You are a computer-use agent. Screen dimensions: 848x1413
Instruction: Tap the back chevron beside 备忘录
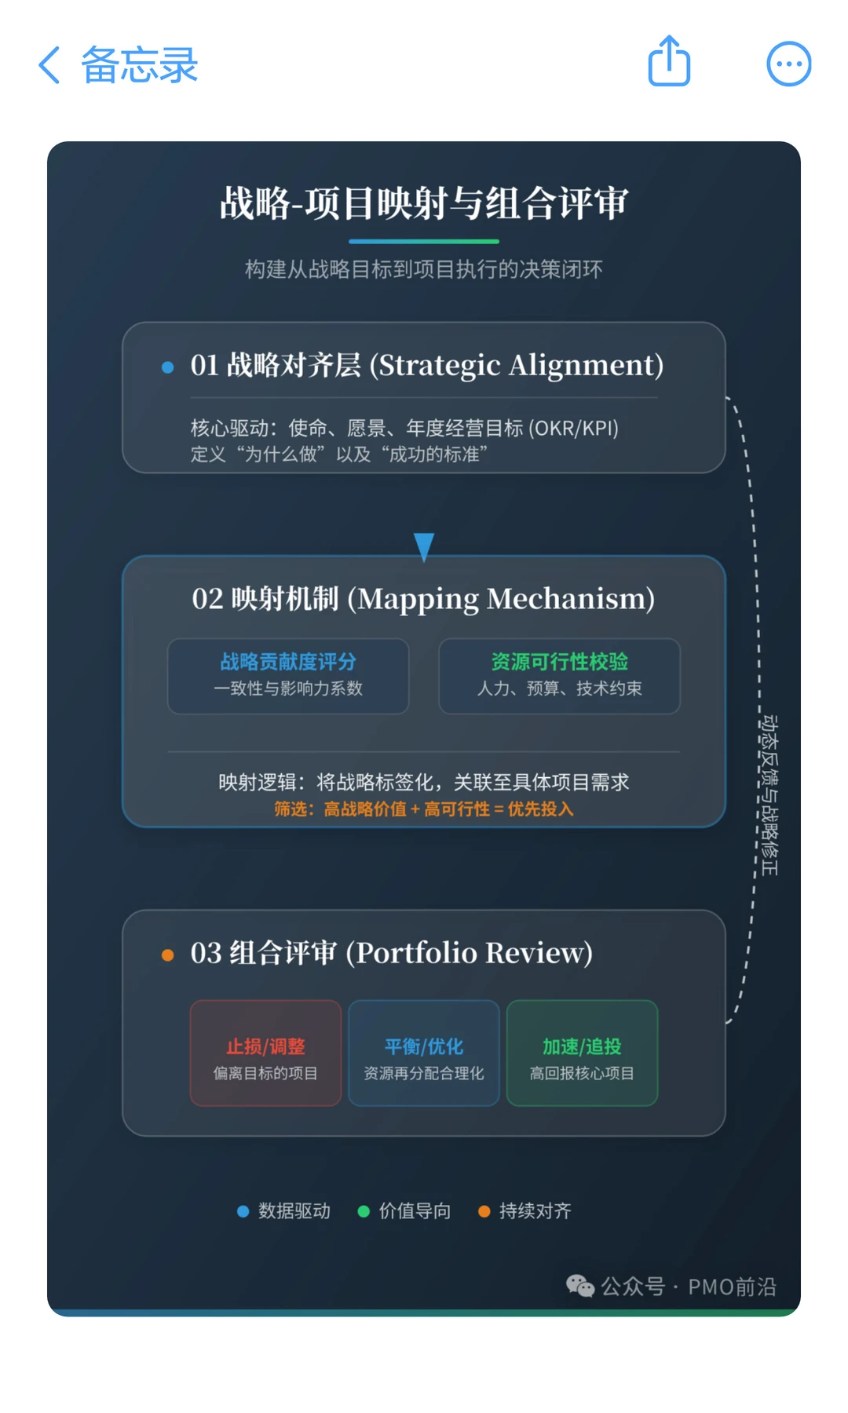click(x=49, y=64)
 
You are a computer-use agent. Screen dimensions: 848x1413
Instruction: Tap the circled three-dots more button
click(x=788, y=64)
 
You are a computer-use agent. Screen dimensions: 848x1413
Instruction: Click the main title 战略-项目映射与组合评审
click(x=424, y=203)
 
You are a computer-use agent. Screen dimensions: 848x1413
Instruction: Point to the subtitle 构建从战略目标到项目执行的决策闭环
click(x=424, y=269)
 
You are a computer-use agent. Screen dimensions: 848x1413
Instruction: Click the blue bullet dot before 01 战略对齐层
click(x=167, y=367)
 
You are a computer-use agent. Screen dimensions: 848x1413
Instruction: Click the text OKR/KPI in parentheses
click(x=573, y=429)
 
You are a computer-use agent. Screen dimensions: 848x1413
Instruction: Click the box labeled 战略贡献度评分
click(x=288, y=675)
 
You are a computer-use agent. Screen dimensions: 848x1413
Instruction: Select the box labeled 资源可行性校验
click(x=559, y=675)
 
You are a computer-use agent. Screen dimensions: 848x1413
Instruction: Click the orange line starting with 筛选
click(x=424, y=809)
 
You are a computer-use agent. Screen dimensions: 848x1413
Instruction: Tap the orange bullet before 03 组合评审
click(x=167, y=955)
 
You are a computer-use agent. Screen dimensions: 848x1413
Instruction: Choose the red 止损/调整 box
click(x=265, y=1053)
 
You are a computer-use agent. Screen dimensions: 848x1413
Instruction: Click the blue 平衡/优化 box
click(x=424, y=1053)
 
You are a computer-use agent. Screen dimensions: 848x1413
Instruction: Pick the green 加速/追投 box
click(x=582, y=1053)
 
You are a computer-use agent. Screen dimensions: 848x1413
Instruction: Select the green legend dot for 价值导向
click(x=364, y=1211)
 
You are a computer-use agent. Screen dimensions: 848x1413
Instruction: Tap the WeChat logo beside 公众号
click(x=579, y=1286)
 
